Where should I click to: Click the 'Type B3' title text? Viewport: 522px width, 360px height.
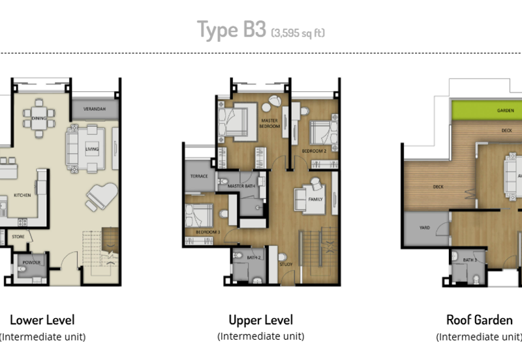pos(232,31)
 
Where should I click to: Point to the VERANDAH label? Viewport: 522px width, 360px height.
pos(95,108)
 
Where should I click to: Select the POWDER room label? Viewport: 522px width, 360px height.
pos(31,263)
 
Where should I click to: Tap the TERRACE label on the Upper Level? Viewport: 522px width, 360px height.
pos(198,177)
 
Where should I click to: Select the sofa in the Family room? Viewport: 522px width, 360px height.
pos(309,195)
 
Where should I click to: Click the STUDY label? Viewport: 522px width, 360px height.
pos(285,264)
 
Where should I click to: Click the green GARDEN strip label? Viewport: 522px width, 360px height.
pos(505,110)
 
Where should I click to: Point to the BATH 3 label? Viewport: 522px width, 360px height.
pos(470,260)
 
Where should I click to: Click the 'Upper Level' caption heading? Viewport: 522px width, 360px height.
pos(260,320)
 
